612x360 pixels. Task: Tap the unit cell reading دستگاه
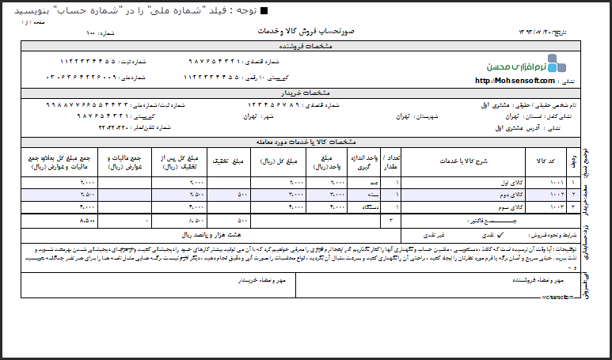367,207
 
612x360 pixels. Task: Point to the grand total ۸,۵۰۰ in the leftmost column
88,219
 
